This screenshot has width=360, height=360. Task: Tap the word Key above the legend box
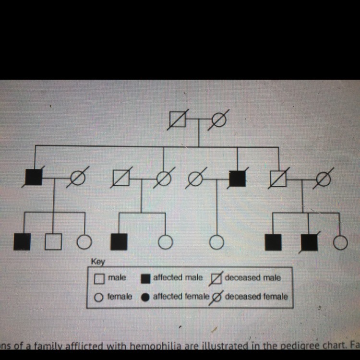point(98,262)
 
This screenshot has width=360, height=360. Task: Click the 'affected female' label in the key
point(181,297)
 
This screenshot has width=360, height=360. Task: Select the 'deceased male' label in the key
point(252,278)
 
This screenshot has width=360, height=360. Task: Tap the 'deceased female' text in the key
point(256,297)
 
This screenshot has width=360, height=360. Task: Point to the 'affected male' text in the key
point(178,278)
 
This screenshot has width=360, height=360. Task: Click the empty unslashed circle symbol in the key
point(98,297)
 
